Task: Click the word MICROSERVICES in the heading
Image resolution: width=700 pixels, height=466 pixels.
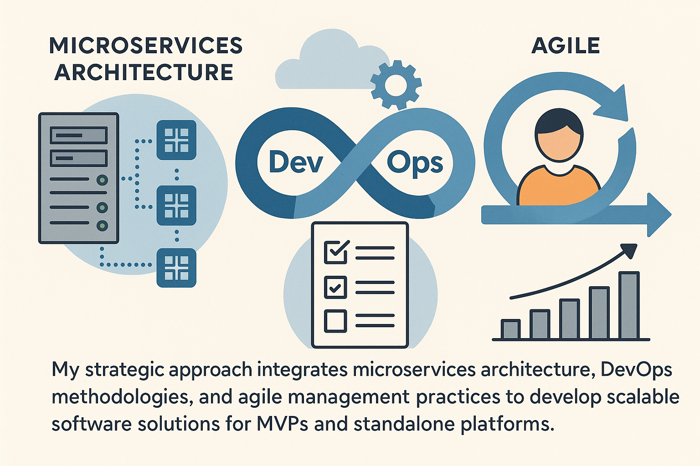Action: point(146,46)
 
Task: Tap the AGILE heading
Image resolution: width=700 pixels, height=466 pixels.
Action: point(565,46)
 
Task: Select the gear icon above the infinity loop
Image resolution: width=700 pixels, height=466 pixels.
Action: point(396,85)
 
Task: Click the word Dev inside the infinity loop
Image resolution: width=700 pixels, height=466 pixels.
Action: point(296,162)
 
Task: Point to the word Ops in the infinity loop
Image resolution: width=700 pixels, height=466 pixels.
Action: point(415,164)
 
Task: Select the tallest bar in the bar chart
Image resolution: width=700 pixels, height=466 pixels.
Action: point(629,305)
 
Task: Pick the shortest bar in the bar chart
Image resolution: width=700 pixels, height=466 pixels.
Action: point(510,329)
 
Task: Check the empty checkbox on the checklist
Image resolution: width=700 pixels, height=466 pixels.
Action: point(335,320)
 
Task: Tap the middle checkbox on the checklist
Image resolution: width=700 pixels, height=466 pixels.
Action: point(335,287)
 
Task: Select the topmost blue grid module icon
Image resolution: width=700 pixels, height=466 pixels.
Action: point(176,140)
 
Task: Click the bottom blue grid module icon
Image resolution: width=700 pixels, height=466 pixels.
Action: point(176,268)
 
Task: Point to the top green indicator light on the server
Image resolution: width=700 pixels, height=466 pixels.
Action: point(102,180)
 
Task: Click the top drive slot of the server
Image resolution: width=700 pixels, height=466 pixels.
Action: point(79,135)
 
